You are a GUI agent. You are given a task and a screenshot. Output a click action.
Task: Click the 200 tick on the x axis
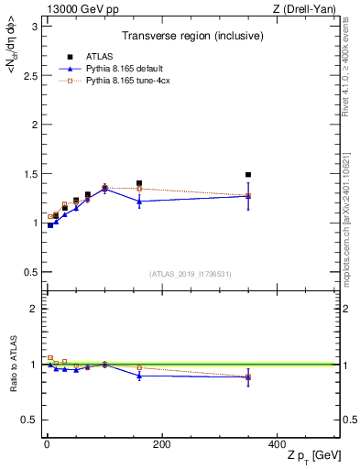point(161,444)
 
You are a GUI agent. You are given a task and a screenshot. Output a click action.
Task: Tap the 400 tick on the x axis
point(276,444)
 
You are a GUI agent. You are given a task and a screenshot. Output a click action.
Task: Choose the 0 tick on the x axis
point(47,444)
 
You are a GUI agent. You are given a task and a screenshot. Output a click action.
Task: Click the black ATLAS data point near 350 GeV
point(247,174)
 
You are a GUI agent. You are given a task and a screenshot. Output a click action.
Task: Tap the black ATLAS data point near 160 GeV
point(139,183)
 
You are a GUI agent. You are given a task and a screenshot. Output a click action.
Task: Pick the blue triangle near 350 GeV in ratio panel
point(247,376)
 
